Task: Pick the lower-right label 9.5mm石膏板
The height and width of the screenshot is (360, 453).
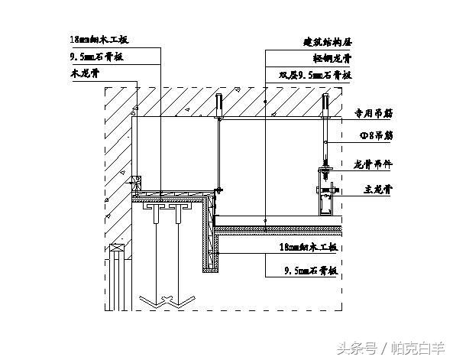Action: pos(309,269)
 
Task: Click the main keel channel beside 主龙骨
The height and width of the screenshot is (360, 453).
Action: pos(325,200)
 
